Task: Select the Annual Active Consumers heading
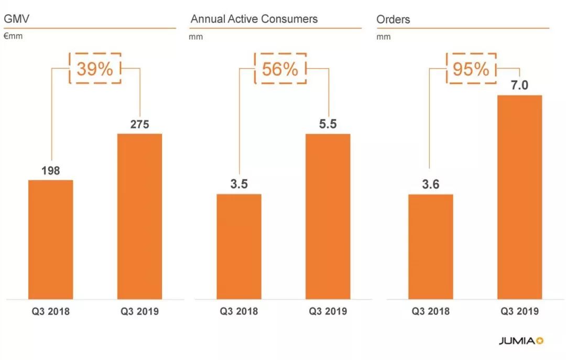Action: tap(254, 19)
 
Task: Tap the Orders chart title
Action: tap(393, 19)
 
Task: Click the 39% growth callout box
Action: tap(95, 69)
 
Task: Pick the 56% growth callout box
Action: tap(280, 69)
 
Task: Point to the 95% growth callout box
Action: tap(471, 69)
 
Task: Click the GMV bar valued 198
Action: tap(50, 239)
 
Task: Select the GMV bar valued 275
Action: tap(139, 216)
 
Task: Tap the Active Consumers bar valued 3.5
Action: tap(239, 246)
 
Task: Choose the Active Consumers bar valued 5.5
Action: tap(328, 216)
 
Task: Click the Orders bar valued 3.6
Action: tap(430, 246)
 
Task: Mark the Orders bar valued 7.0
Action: tap(519, 197)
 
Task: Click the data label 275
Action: tap(139, 125)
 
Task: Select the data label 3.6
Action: tap(430, 184)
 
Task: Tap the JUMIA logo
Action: tap(521, 341)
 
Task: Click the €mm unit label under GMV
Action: tap(13, 37)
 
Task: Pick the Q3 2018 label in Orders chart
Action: tap(430, 311)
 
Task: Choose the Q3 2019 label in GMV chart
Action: tap(139, 311)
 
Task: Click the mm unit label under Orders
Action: tap(383, 37)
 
